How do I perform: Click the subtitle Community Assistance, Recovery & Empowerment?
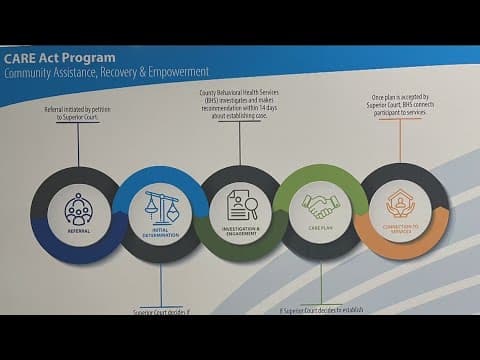click(106, 73)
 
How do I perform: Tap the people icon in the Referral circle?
click(79, 209)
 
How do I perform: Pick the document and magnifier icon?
click(241, 205)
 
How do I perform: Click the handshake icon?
click(320, 205)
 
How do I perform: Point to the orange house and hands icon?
click(401, 204)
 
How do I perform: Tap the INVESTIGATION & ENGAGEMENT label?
click(241, 231)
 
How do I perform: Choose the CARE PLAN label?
click(320, 229)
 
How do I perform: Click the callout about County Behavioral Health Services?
click(240, 106)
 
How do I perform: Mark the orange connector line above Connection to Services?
click(401, 142)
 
